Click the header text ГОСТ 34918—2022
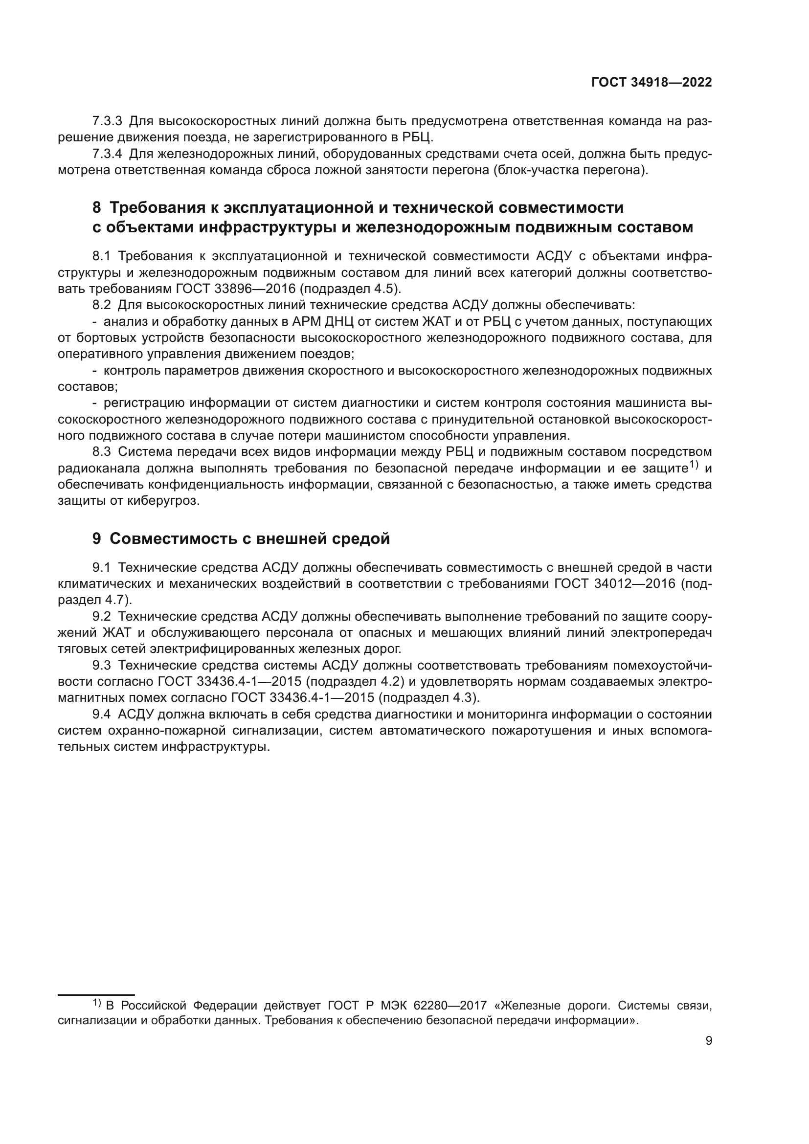click(x=651, y=83)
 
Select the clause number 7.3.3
click(x=107, y=121)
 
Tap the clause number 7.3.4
click(x=107, y=154)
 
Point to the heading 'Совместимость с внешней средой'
click(x=249, y=538)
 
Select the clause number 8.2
click(x=102, y=305)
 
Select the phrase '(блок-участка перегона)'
click(x=571, y=170)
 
